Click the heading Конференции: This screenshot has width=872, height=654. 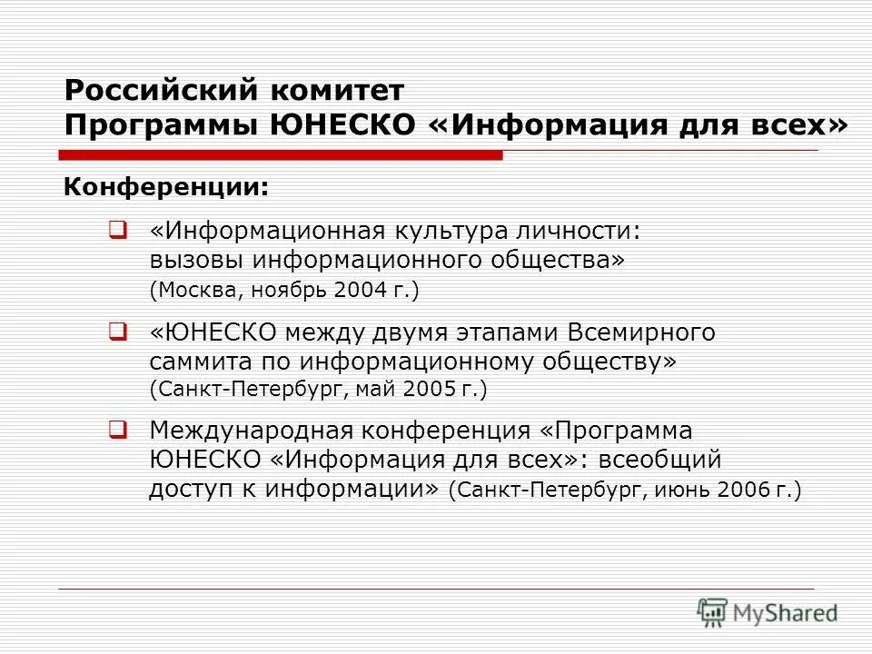coord(165,189)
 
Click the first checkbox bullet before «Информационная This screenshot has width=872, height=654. coord(116,230)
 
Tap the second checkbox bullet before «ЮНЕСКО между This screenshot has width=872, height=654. coord(116,332)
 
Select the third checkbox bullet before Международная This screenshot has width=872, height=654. coord(116,427)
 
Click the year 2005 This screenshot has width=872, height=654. coord(429,390)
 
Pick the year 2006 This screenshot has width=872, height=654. coord(744,490)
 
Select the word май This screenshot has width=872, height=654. coord(374,390)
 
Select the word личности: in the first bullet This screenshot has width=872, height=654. coord(594,231)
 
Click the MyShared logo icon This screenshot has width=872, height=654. coord(712,612)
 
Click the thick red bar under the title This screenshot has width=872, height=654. coord(281,155)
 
